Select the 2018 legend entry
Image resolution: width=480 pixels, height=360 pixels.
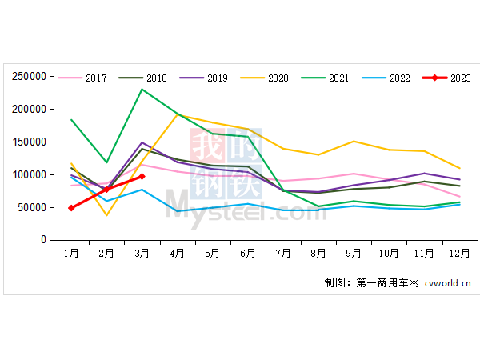(x=145, y=78)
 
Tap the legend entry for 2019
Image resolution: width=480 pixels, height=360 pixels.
(x=205, y=78)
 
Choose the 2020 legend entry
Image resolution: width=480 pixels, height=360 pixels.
(x=266, y=78)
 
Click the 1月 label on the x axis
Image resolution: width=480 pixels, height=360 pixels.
(x=71, y=253)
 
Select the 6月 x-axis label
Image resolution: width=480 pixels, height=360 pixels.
(x=247, y=253)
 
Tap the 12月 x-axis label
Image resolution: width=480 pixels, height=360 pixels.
(x=459, y=253)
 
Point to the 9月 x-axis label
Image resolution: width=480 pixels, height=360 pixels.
(x=353, y=253)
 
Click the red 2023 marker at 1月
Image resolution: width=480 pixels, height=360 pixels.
(x=71, y=207)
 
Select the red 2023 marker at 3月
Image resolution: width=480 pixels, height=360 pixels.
(x=142, y=176)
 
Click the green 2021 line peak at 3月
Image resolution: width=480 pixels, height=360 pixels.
(x=142, y=89)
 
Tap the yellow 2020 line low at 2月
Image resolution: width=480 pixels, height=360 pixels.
(x=106, y=214)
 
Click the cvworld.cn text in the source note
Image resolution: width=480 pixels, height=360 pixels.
(x=447, y=282)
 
